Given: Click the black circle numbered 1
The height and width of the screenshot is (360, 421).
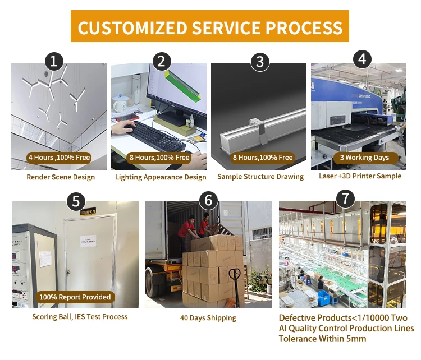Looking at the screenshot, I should point(53,61).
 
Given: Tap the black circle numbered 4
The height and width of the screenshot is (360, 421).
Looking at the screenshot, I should point(361,59).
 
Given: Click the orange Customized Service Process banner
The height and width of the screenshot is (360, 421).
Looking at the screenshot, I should point(210,26).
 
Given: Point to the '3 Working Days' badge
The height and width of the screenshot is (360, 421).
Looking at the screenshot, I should point(364,158).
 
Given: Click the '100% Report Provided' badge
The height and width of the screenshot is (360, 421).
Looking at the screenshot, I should point(75,297).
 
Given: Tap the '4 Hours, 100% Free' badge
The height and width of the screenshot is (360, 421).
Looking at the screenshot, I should point(59,158).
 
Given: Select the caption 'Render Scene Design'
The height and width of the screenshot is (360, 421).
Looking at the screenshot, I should point(61,177).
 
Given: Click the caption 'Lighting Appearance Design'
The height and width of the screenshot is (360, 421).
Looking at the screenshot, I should point(161,177).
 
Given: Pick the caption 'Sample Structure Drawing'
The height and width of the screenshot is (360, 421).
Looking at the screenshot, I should point(260,177).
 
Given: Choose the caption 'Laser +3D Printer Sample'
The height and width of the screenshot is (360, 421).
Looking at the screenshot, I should point(360,176).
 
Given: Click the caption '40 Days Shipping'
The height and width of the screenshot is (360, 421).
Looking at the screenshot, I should point(208,318).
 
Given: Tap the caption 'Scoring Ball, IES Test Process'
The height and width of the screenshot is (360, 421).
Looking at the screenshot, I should point(80,317).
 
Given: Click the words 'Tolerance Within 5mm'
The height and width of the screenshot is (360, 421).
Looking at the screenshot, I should point(322,339).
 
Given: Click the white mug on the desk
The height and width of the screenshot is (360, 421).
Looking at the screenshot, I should point(119,104).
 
